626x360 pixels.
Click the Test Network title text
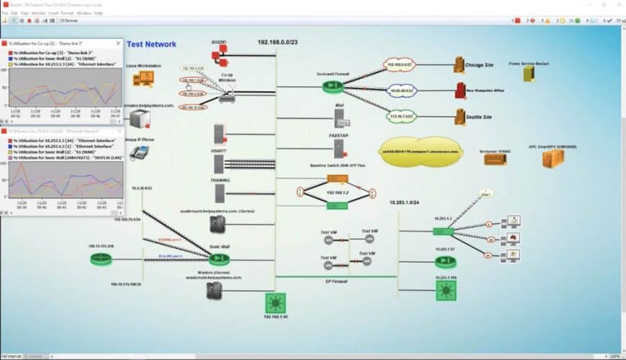[x=151, y=44]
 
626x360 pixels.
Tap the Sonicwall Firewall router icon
[x=332, y=86]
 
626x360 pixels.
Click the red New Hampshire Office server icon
[x=460, y=90]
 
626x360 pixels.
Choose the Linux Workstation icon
[x=143, y=80]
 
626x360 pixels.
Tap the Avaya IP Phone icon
[x=139, y=152]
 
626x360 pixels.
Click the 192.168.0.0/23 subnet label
[x=276, y=42]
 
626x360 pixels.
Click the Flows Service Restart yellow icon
[x=529, y=73]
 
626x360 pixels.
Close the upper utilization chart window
[x=117, y=44]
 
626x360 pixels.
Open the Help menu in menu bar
[x=99, y=13]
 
